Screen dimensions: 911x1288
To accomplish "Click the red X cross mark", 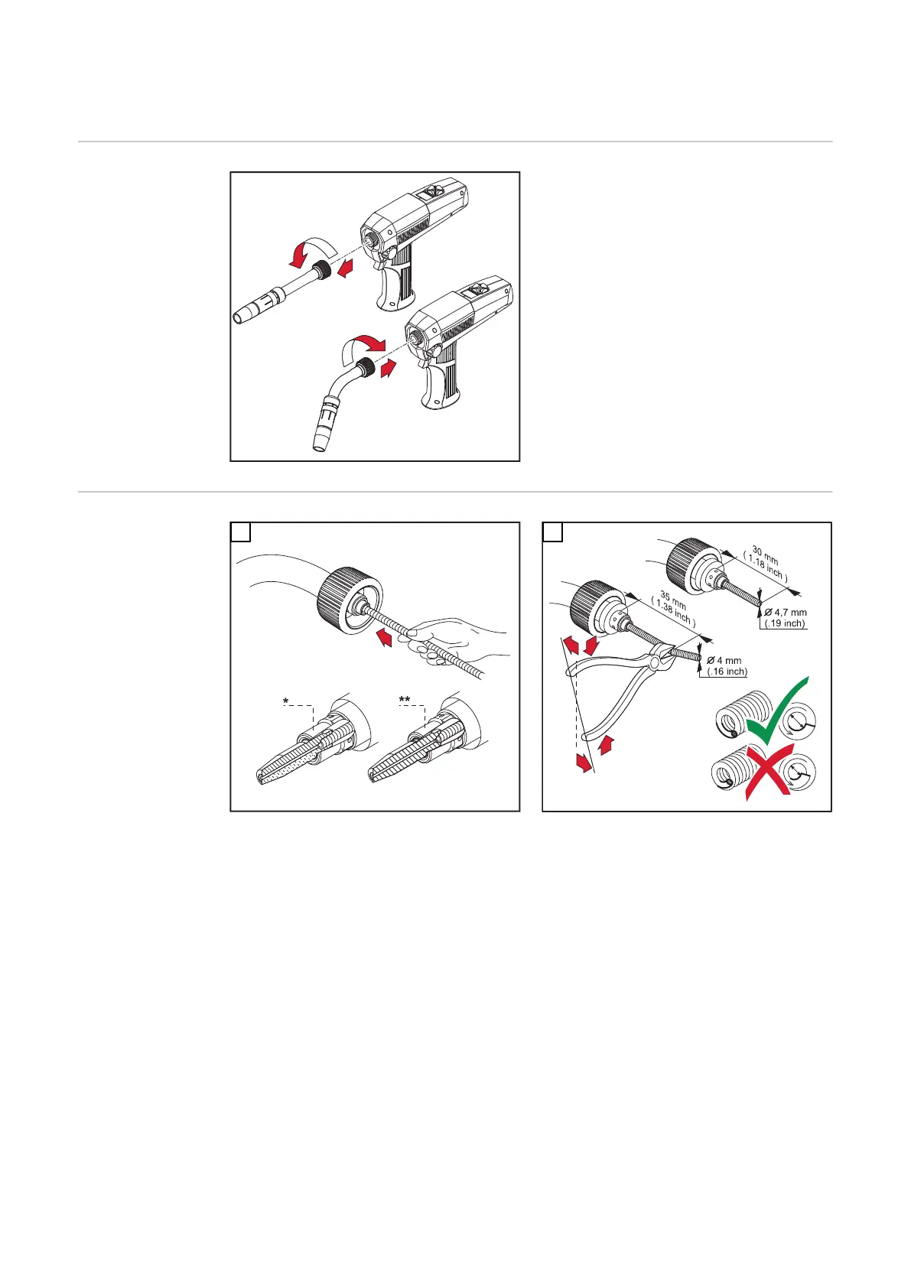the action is coord(769,772).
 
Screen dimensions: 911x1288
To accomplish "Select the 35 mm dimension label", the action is coord(673,601).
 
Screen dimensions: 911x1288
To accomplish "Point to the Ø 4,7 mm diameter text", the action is coord(785,613).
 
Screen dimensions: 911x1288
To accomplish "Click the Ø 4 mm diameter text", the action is coord(724,661).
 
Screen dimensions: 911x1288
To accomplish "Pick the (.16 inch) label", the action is coord(727,672).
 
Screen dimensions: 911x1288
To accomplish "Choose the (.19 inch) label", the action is coord(785,623).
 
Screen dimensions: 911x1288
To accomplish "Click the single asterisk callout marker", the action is coord(286,701).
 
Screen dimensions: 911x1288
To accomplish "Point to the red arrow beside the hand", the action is coord(384,637).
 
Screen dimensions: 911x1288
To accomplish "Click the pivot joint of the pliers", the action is coord(655,664).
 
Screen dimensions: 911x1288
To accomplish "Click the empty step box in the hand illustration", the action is coord(240,532).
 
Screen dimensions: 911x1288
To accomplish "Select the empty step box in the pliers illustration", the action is coord(553,532).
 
